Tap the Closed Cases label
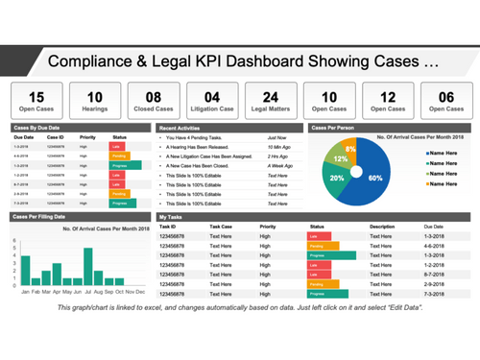click(x=154, y=109)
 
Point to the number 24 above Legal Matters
click(x=272, y=96)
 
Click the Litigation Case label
click(x=212, y=109)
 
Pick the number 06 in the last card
click(x=446, y=96)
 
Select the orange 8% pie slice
click(x=352, y=150)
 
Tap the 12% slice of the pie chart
click(x=340, y=160)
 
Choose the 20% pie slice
click(x=337, y=180)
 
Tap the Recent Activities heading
click(x=180, y=126)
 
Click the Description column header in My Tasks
click(x=382, y=227)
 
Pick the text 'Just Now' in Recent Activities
click(x=279, y=138)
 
